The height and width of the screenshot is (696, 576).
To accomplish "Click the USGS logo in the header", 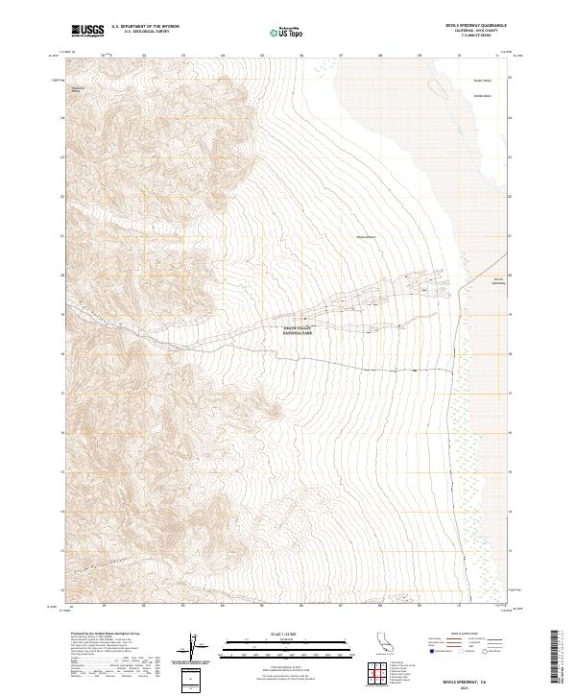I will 88,32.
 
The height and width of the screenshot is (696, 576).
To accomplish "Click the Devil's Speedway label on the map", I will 497,281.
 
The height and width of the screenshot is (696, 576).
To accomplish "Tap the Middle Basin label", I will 482,97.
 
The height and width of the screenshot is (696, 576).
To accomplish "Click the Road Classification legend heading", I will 461,635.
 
